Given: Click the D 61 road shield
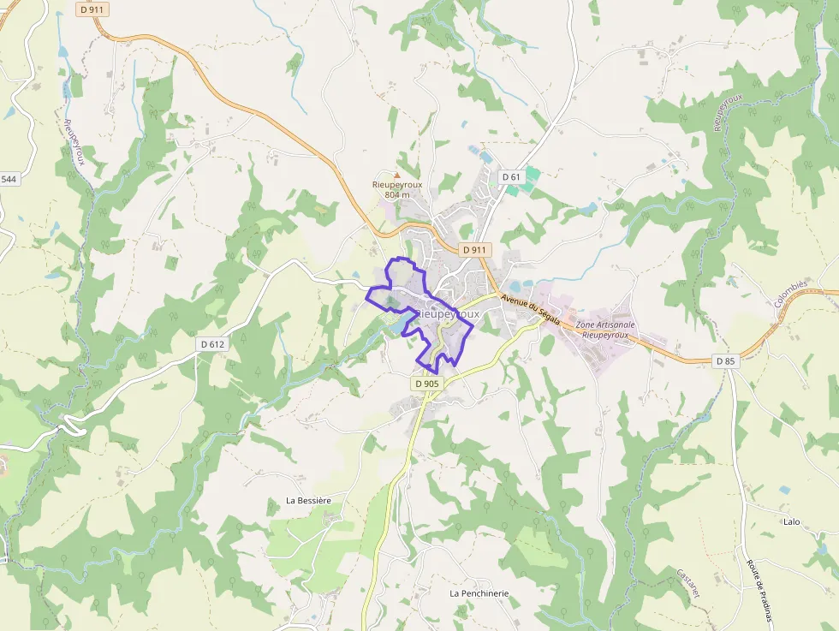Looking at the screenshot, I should tap(511, 176).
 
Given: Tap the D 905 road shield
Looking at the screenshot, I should tap(426, 384).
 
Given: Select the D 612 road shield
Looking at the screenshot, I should tap(212, 344).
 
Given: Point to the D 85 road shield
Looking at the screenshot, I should tap(724, 361).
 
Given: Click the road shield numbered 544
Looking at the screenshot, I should tap(9, 179).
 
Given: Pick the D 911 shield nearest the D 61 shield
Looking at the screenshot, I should tap(473, 249).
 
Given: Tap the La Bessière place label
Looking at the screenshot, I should tap(308, 500).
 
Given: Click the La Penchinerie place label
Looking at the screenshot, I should tap(479, 592).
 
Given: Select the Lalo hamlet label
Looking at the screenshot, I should tap(791, 521).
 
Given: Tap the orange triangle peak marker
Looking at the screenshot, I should tap(396, 175).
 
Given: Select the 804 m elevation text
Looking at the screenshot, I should tap(396, 195).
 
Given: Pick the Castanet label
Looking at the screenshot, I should tap(688, 584).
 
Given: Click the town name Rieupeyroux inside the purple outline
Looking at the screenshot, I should tap(447, 314).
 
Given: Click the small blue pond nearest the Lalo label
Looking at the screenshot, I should tap(784, 490).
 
